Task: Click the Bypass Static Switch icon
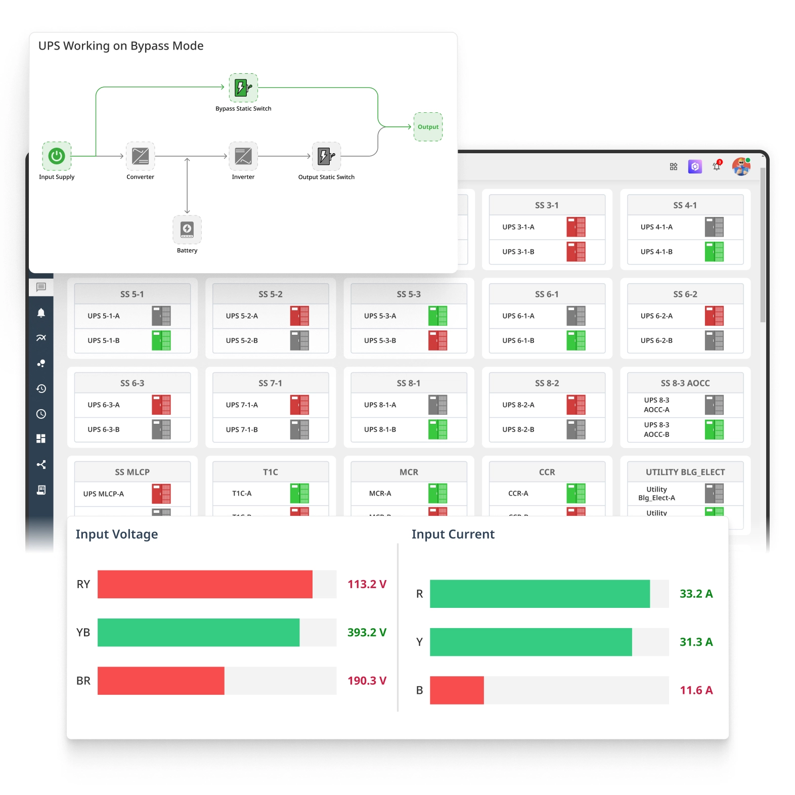point(243,88)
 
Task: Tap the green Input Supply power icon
point(57,156)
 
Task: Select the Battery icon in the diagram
point(187,230)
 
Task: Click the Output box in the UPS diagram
point(428,127)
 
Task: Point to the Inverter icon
point(243,156)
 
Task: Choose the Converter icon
point(140,156)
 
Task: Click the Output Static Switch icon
point(326,156)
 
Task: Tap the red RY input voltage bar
point(205,584)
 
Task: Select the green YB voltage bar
point(198,632)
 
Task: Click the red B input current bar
point(457,690)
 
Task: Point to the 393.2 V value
point(367,632)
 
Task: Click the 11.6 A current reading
point(696,690)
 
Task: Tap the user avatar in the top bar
point(741,166)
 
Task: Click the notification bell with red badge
point(717,166)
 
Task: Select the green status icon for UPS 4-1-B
point(714,251)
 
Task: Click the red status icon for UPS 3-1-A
point(576,227)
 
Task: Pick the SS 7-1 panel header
point(271,383)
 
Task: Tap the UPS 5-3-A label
point(380,316)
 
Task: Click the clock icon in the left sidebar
point(41,414)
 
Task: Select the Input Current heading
point(453,535)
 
